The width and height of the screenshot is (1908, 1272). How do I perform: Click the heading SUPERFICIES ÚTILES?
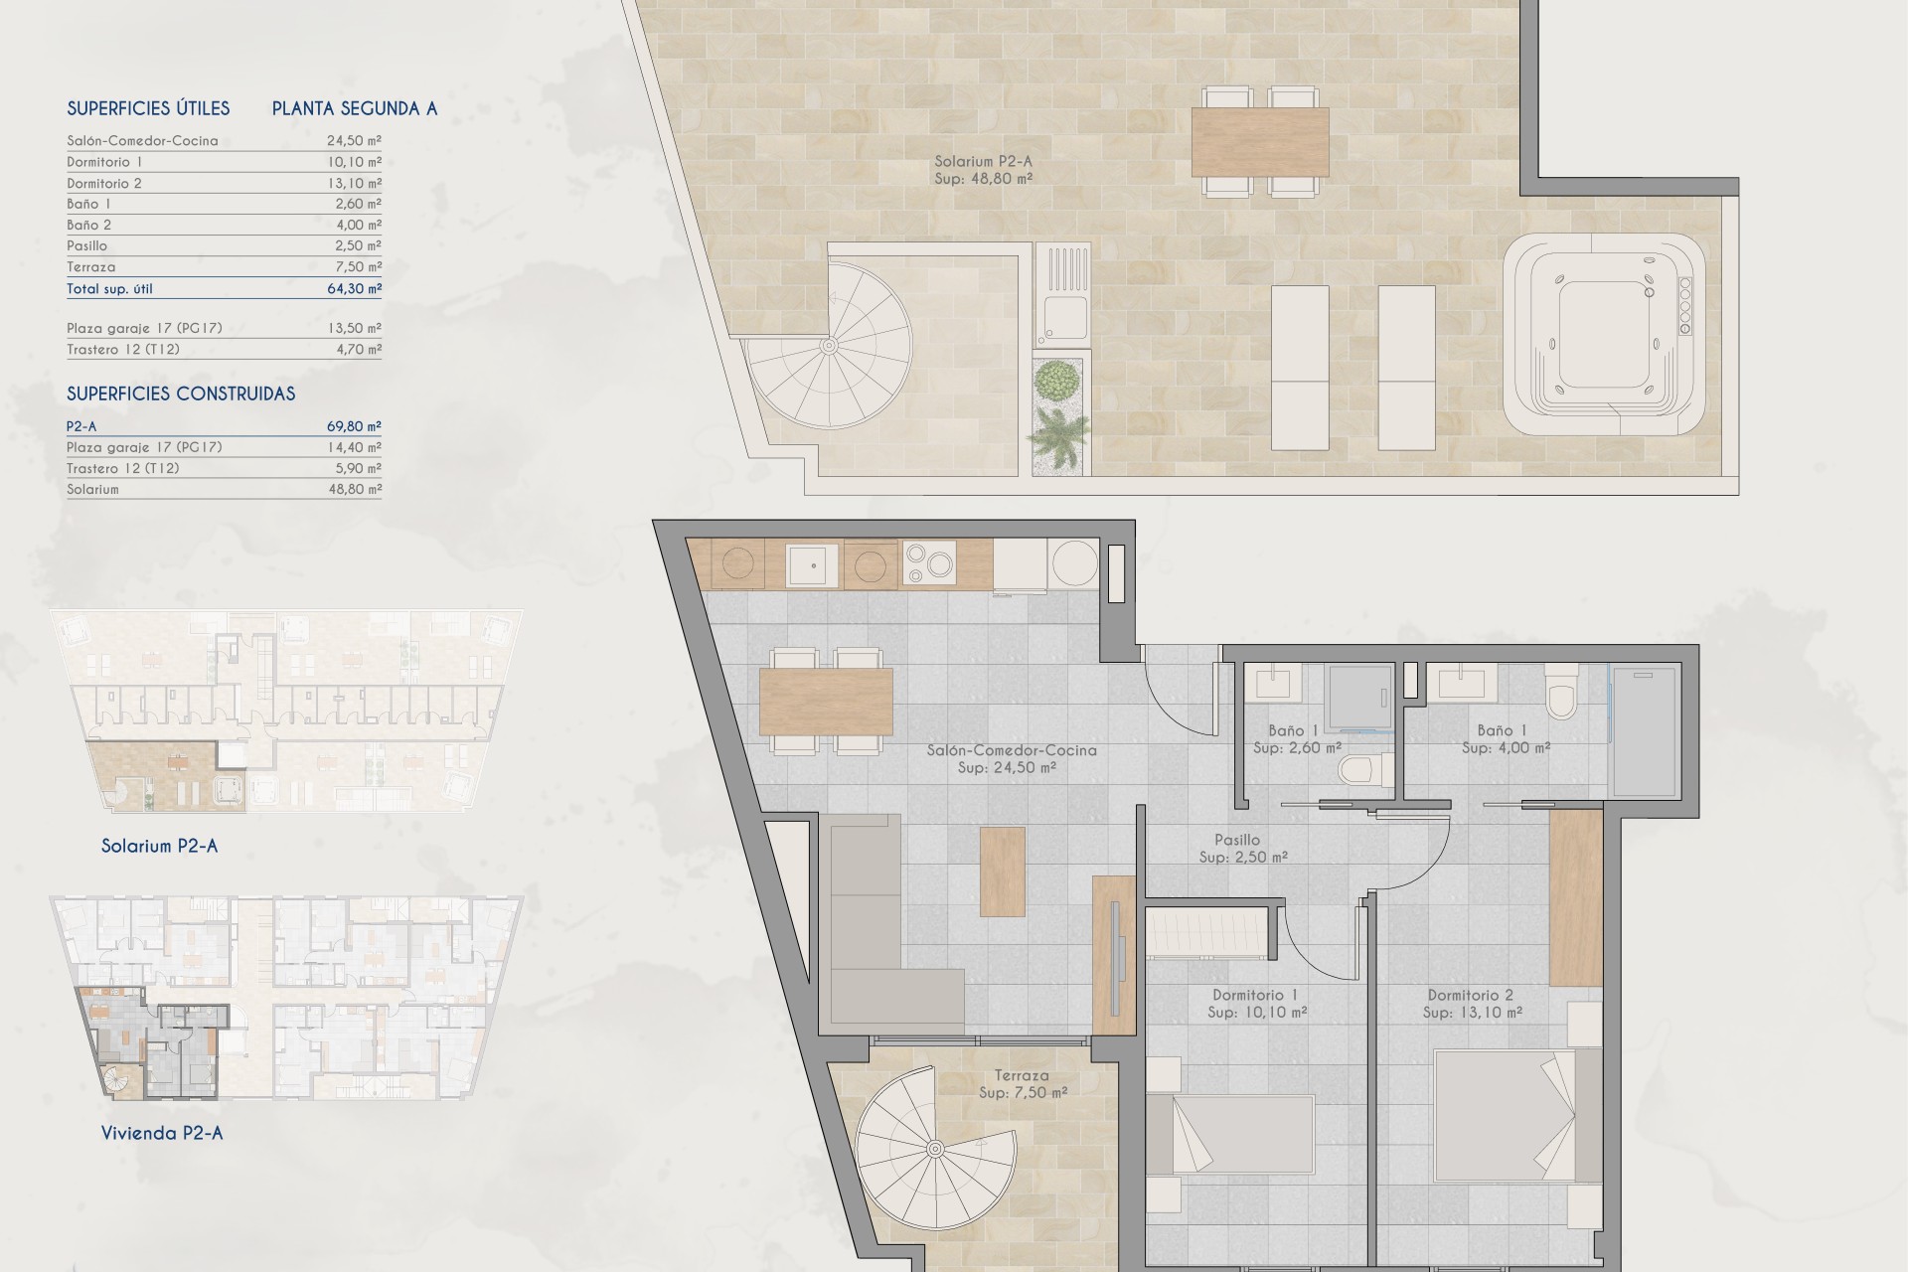point(148,108)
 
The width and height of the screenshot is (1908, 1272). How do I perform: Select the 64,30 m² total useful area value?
point(354,288)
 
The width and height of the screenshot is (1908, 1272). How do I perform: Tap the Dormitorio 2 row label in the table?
point(104,183)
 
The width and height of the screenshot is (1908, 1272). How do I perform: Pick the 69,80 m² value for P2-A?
point(354,426)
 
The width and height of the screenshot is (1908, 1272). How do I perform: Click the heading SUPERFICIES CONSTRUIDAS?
point(181,394)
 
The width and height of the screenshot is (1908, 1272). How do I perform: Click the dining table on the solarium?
point(1260,141)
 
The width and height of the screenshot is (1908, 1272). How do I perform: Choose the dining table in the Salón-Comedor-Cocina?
point(826,702)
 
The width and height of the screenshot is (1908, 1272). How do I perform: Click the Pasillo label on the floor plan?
point(1237,840)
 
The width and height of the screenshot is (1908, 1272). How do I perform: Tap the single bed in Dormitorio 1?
point(1230,1136)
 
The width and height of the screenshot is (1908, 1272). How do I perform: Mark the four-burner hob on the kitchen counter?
point(928,564)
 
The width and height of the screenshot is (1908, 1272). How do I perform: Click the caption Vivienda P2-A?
point(162,1133)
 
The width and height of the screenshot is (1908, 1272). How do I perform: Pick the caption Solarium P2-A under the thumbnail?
point(159,847)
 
